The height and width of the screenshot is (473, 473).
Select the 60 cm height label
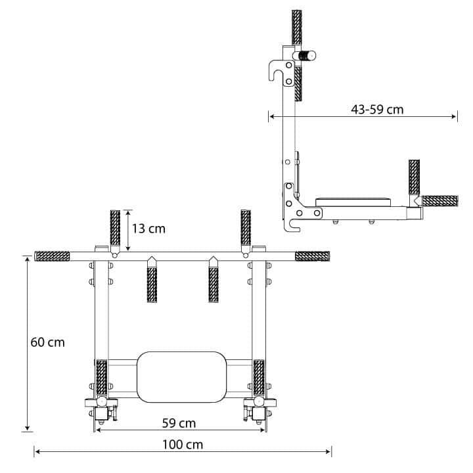pos(48,342)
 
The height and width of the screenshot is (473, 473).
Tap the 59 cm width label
pos(179,422)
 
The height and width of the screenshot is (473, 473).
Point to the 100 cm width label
pos(183,445)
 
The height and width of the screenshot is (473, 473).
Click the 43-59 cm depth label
pos(377,109)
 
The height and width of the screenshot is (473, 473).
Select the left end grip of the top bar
pos(52,256)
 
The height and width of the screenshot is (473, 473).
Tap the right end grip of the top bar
pos(312,256)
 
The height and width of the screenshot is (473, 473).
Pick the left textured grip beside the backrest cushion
pos(102,378)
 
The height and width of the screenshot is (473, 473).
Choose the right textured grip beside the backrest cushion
pos(259,378)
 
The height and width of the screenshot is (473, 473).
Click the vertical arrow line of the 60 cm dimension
pos(27,343)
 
